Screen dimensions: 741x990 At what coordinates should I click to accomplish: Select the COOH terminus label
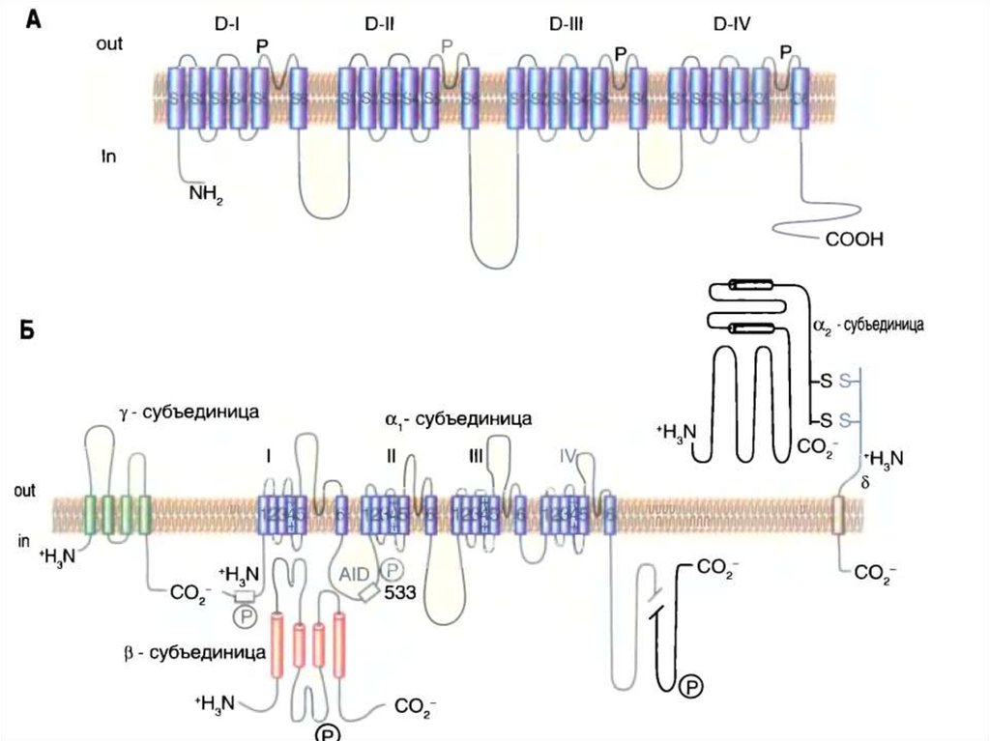pyautogui.click(x=856, y=239)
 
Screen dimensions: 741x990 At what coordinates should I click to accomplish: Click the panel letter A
pyautogui.click(x=33, y=19)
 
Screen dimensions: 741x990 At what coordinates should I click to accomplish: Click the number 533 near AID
pyautogui.click(x=397, y=593)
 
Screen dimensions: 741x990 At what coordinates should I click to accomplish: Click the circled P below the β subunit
pyautogui.click(x=325, y=731)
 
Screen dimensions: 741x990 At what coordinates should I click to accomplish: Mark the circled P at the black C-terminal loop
pyautogui.click(x=690, y=687)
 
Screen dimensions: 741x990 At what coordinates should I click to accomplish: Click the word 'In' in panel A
pyautogui.click(x=109, y=156)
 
